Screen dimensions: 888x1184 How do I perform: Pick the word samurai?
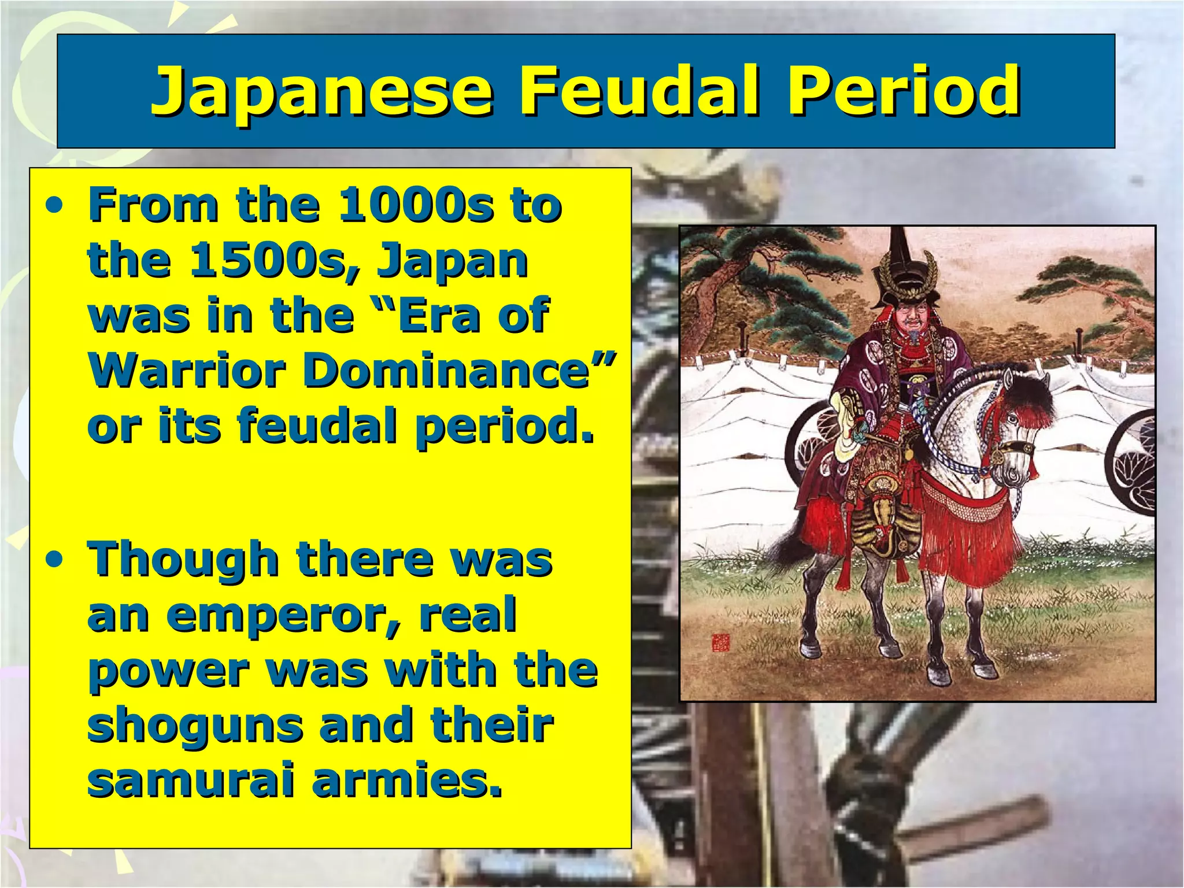(x=191, y=780)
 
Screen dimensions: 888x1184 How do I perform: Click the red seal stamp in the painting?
(x=721, y=642)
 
